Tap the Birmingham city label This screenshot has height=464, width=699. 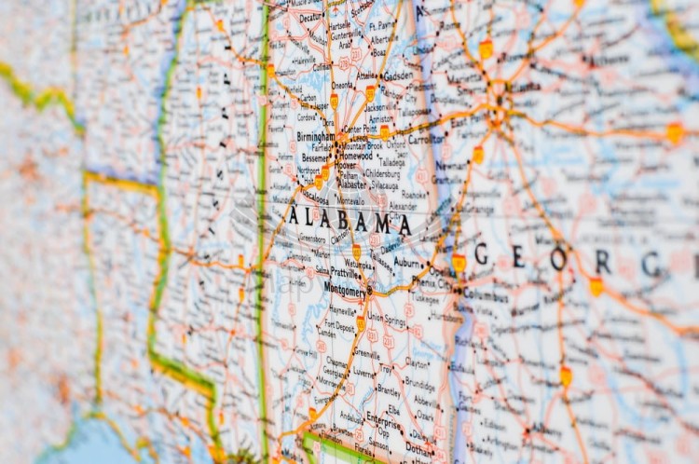point(315,136)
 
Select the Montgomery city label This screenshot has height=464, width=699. point(344,290)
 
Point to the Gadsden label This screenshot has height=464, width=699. point(398,76)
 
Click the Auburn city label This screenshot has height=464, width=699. point(409,264)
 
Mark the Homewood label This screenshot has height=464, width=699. point(353,156)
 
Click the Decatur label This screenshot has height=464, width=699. point(310,17)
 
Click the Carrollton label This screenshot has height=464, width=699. point(426,139)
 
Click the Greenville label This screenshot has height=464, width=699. point(366,353)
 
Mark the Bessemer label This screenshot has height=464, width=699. point(314,160)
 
